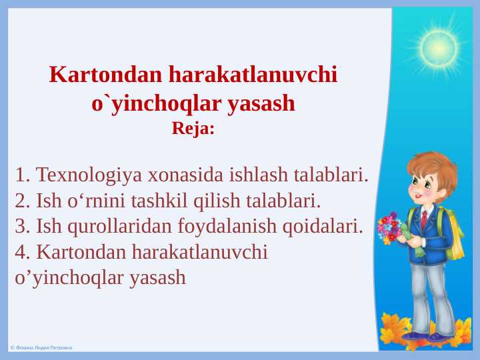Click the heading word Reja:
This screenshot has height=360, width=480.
point(193,127)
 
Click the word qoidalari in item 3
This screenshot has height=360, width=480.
point(323,226)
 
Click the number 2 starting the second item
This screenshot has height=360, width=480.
point(20,201)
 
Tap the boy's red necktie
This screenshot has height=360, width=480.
point(424,219)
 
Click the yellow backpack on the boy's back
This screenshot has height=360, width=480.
point(455,233)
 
